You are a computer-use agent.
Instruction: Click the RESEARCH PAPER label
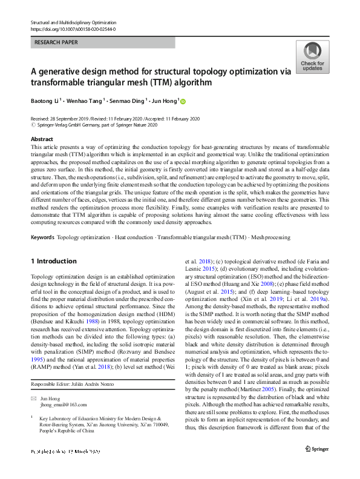(57, 43)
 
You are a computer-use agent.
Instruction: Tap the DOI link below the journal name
(73, 29)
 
